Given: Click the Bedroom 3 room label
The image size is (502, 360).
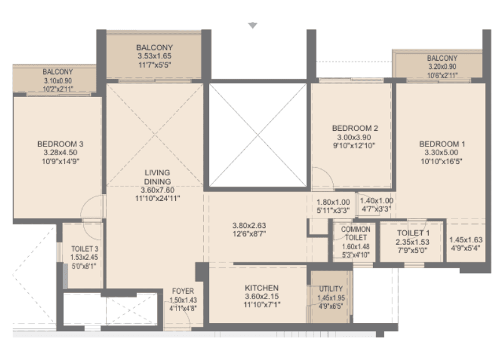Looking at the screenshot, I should pyautogui.click(x=61, y=143).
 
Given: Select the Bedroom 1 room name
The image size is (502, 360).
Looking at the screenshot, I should pyautogui.click(x=443, y=143).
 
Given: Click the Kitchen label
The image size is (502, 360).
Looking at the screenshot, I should pyautogui.click(x=262, y=288).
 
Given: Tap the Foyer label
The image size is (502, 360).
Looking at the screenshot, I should pyautogui.click(x=183, y=292).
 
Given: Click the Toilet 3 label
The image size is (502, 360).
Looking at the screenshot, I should pyautogui.click(x=84, y=248).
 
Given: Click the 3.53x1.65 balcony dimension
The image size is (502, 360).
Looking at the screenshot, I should pyautogui.click(x=155, y=56).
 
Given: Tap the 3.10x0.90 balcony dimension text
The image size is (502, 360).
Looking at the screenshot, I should pyautogui.click(x=58, y=80).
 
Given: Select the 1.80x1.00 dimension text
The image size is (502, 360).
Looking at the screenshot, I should pyautogui.click(x=332, y=202).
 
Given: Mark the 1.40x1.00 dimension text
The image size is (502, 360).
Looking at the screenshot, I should pyautogui.click(x=376, y=202).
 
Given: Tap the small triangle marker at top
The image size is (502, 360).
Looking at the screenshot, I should pyautogui.click(x=252, y=26).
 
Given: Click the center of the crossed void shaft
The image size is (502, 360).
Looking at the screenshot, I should pyautogui.click(x=257, y=135).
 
